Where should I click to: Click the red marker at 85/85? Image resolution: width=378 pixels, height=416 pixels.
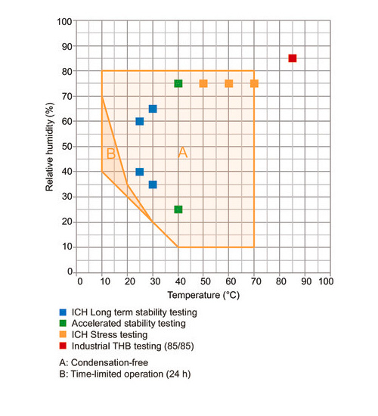293,58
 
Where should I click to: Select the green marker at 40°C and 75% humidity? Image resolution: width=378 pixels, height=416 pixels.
178,83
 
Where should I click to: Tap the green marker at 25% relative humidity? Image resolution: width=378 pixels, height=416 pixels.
178,210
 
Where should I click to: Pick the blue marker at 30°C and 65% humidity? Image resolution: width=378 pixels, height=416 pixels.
153,109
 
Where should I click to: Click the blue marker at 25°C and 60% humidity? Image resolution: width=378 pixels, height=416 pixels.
140,121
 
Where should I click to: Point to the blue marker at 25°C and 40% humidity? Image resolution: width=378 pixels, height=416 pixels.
140,172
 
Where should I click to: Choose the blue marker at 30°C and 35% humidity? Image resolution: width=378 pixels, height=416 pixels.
153,185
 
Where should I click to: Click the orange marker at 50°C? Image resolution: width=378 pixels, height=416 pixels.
203,83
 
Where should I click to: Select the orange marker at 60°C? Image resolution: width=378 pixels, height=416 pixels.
229,83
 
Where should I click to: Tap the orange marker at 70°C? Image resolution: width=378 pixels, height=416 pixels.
254,83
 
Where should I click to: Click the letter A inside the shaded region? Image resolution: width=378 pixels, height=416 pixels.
183,153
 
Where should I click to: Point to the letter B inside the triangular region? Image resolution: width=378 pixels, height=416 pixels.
111,154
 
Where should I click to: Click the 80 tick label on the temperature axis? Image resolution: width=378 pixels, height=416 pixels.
281,281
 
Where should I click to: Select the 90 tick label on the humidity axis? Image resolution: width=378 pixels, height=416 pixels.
67,47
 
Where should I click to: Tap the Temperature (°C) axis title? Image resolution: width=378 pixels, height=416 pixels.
203,295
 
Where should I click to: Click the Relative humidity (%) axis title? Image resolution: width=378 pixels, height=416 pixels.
50,147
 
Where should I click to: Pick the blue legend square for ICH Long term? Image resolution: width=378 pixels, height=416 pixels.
63,312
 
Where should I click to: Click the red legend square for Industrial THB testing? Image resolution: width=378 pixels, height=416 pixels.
63,346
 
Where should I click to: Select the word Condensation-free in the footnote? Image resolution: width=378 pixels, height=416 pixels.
110,362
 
